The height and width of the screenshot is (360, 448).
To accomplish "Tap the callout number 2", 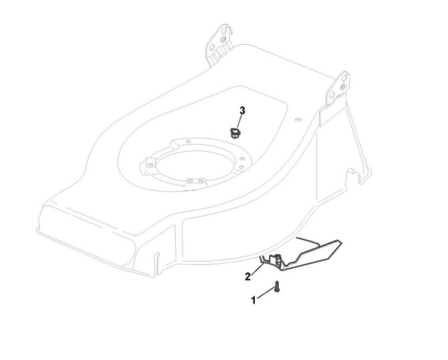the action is click(x=247, y=276).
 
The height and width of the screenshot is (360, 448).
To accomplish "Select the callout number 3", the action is click(x=242, y=110).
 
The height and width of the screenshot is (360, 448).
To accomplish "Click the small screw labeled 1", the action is click(x=275, y=288).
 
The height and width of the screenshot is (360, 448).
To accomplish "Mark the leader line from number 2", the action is click(x=257, y=267).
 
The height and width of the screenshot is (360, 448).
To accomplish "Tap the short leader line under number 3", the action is click(x=240, y=120).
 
